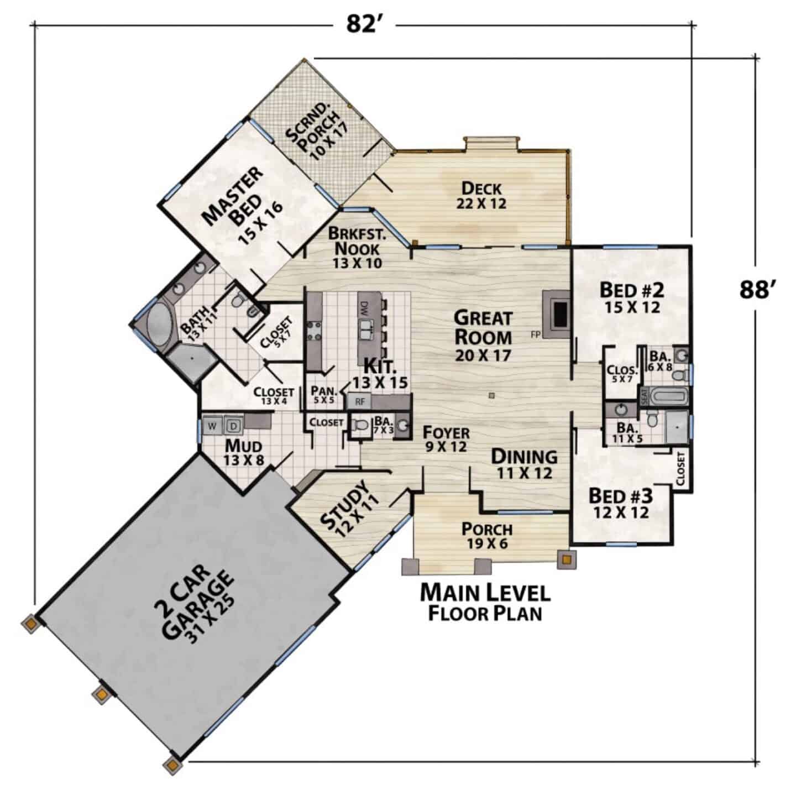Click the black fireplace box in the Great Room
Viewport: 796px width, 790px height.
click(x=561, y=314)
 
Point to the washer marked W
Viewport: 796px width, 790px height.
click(x=212, y=426)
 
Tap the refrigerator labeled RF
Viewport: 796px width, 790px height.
click(x=360, y=401)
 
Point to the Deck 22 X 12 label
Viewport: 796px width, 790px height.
click(x=481, y=195)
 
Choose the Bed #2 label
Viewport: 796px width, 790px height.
click(x=632, y=298)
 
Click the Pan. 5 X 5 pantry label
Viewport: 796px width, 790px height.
click(x=323, y=394)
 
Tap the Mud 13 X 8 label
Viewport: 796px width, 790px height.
click(x=244, y=452)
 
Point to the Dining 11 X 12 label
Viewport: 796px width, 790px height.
click(x=524, y=464)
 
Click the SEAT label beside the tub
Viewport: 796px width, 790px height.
click(x=643, y=397)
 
